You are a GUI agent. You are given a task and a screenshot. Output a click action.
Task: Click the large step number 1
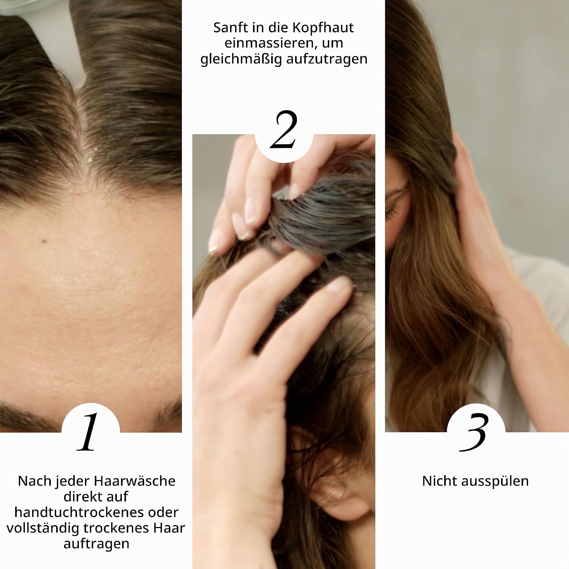88,432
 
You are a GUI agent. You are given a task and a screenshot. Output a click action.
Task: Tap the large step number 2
283,129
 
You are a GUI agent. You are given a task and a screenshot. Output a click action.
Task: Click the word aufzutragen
327,60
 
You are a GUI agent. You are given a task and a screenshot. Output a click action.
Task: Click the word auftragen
96,544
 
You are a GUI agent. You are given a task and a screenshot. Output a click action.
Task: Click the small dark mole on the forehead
44,241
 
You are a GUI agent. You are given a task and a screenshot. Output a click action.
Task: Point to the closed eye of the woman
391,212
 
